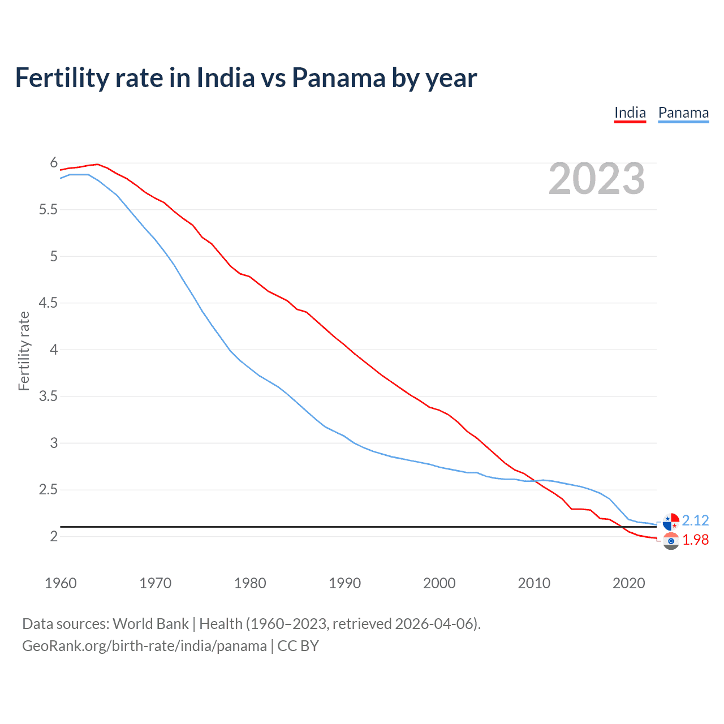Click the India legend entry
coord(630,113)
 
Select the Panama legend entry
coord(683,113)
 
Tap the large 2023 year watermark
coord(597,179)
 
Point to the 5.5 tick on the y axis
coord(48,210)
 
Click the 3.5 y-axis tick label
coord(48,397)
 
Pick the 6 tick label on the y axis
coord(54,163)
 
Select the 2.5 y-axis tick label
coord(48,490)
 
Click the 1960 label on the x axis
coord(61,583)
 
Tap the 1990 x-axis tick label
coord(344,583)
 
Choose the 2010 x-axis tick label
coord(534,583)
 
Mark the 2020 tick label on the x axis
coord(628,583)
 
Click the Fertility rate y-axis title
coord(24,351)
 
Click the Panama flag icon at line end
coord(671,521)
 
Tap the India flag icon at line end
coord(671,541)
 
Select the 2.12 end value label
coord(695,520)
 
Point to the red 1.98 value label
coord(695,540)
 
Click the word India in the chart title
coord(225,77)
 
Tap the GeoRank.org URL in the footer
coord(144,646)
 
